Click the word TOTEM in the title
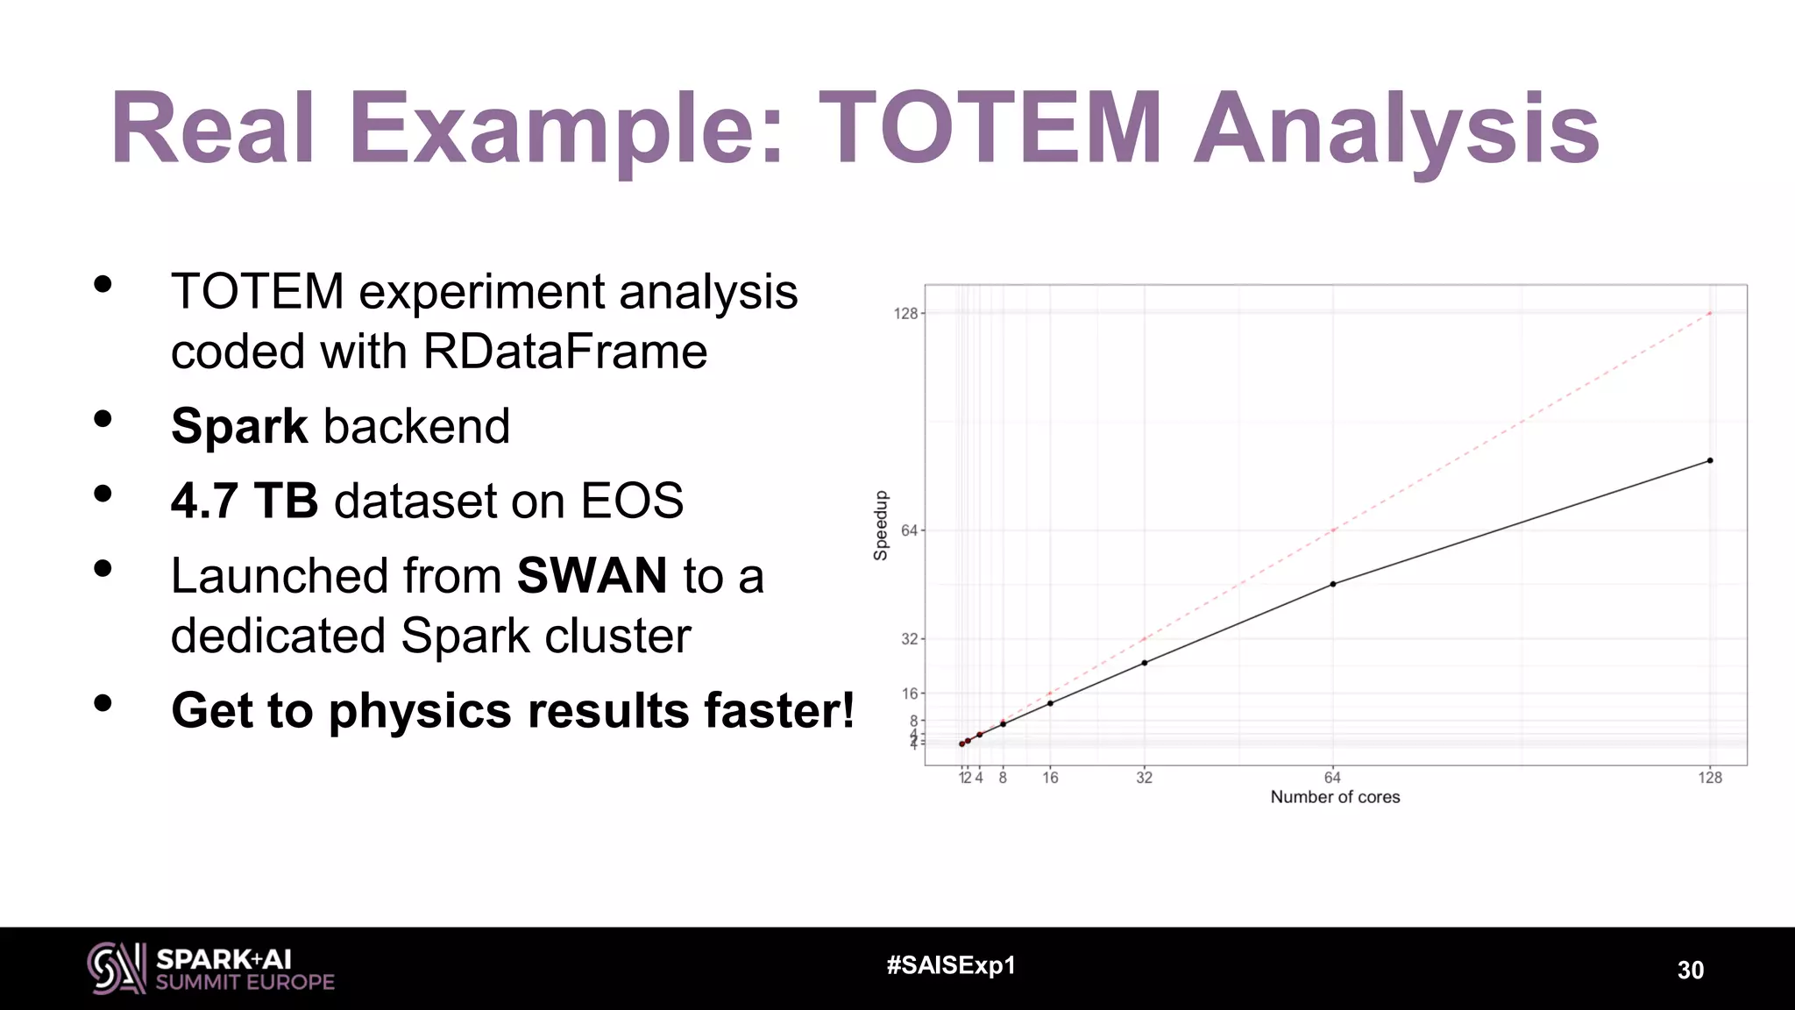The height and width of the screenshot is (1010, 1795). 990,129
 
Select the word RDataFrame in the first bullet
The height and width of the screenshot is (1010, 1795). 564,352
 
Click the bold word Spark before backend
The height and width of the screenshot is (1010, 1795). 239,427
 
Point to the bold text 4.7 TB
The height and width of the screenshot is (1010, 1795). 244,501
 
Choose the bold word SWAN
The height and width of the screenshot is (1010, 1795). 592,576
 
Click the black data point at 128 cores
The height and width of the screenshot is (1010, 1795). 1709,460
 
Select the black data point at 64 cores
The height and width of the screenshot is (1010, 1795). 1332,584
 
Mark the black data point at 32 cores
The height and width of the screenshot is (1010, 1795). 1144,663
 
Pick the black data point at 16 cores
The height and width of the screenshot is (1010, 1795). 1050,703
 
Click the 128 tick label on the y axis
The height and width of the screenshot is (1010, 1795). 905,313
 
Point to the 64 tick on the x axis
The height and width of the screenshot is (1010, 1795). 1332,778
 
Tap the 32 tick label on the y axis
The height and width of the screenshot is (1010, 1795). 909,639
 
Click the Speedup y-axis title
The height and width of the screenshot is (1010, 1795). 881,525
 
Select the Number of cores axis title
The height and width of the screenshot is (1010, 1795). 1335,797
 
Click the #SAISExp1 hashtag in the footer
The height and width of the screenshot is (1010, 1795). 951,965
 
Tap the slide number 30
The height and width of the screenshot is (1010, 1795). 1690,970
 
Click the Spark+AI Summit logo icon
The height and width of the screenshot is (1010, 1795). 116,968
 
